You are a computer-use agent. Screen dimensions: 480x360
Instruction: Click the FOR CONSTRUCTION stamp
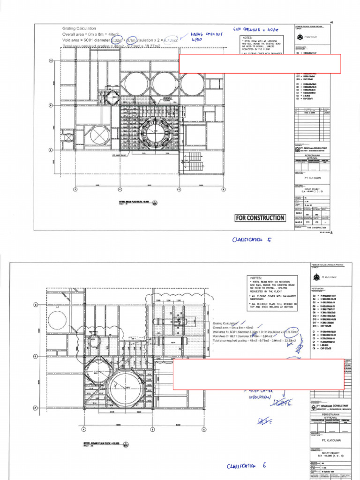[260, 217]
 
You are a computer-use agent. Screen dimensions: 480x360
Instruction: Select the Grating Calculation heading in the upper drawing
[79, 29]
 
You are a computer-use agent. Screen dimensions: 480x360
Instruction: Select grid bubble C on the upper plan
[51, 60]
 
